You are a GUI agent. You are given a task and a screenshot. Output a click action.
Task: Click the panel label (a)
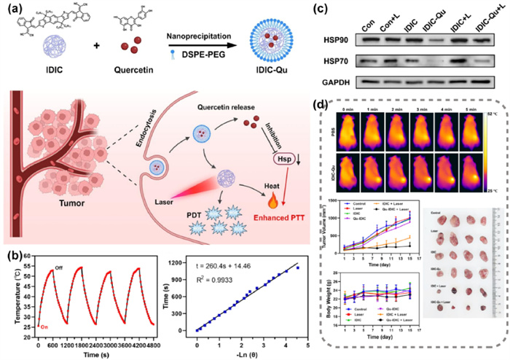(x=12, y=10)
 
